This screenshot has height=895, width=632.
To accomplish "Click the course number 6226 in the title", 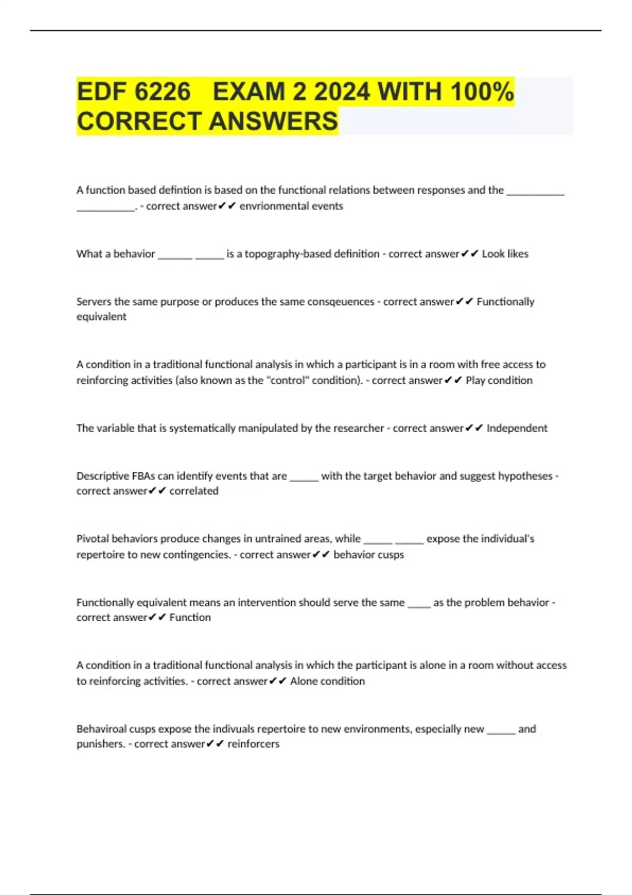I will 163,92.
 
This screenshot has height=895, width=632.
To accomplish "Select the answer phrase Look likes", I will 505,254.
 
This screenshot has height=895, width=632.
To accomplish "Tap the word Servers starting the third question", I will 94,302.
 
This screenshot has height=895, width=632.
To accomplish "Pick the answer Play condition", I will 499,380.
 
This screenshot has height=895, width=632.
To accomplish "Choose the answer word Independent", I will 517,428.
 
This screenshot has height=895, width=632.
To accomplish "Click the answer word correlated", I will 194,491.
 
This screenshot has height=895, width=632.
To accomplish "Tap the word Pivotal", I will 93,539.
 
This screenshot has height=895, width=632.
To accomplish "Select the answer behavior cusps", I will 369,554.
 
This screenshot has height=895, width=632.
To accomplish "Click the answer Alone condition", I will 327,681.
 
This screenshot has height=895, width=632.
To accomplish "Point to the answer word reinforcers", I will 253,744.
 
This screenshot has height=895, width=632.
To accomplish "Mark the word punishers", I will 100,744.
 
